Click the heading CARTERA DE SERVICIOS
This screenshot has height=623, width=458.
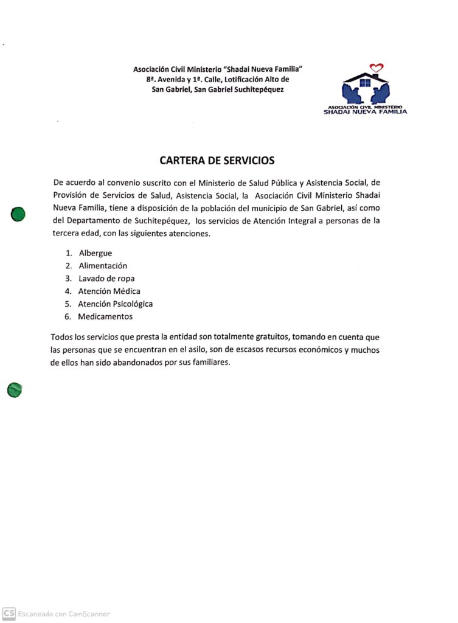(x=217, y=161)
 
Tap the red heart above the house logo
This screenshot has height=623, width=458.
(x=376, y=68)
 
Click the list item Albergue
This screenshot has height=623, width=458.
(x=95, y=252)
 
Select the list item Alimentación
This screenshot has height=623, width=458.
(x=103, y=265)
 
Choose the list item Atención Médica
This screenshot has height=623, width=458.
(x=109, y=291)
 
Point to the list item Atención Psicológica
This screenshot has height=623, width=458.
(x=115, y=304)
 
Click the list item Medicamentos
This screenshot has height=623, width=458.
(x=105, y=316)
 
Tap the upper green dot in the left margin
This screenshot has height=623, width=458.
(x=18, y=214)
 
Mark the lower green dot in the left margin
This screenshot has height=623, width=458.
(x=15, y=390)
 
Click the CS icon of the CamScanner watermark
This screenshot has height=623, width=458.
(x=9, y=613)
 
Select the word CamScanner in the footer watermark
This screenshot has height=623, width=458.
(x=89, y=614)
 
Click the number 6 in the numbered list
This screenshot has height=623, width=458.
(x=68, y=316)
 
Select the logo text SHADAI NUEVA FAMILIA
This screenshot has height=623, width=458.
(x=365, y=111)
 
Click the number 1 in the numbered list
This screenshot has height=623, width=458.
(x=68, y=252)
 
